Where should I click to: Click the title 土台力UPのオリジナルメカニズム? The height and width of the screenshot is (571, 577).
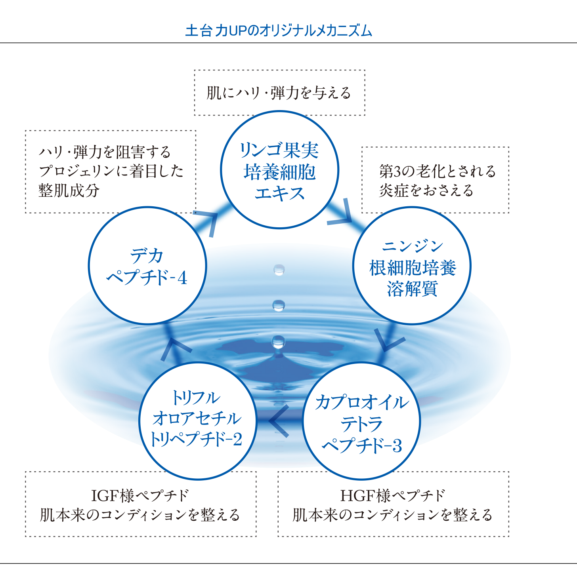pos(279,31)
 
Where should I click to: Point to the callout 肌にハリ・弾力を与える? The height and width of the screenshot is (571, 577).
pos(279,93)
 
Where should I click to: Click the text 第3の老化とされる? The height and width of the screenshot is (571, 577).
pos(438,171)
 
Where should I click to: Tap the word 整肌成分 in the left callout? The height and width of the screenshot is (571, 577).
pos(69,190)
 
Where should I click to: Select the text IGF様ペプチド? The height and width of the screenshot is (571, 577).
pos(140,496)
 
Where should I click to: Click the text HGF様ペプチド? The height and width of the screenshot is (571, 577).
pos(393,496)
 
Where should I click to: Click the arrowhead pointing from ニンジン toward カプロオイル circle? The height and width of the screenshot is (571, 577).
pos(389,342)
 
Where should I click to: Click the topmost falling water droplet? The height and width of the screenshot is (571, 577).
pos(279,270)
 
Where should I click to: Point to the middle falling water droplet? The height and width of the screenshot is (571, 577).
pos(279,306)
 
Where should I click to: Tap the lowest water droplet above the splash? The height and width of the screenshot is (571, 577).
pos(279,342)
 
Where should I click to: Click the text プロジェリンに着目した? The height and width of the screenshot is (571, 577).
pos(111,171)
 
